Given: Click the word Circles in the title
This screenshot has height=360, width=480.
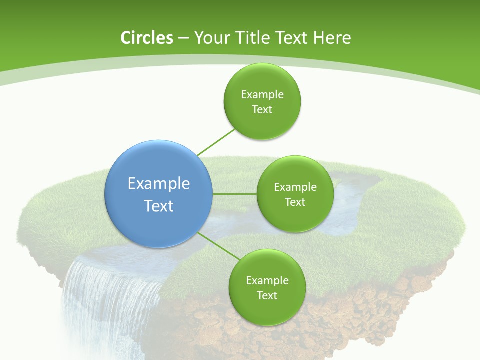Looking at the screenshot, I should point(146,38).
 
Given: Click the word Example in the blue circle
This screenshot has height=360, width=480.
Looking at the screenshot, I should point(159,184).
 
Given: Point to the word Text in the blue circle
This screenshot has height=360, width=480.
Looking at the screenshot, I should point(159,206).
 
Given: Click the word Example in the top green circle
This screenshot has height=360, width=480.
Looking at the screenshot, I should point(262,95).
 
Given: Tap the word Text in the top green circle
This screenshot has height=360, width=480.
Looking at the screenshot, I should point(262,110).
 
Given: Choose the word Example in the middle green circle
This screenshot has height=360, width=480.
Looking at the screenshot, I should point(295,187).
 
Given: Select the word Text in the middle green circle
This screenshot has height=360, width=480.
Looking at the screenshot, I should point(295,202).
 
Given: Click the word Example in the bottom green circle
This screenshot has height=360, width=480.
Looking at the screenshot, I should point(267,281).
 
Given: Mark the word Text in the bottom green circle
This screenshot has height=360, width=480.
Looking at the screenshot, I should point(267,296).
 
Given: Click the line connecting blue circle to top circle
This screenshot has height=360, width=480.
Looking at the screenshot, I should point(216,142).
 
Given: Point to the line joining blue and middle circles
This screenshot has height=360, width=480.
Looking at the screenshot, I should point(235,194).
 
